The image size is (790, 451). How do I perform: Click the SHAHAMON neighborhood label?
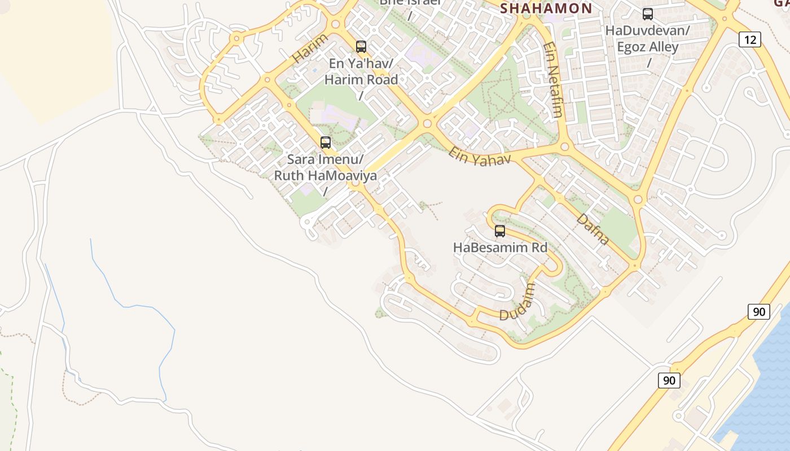(x=546, y=8)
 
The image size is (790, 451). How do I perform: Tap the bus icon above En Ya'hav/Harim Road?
(x=361, y=47)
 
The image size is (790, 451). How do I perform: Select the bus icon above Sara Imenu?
(x=326, y=143)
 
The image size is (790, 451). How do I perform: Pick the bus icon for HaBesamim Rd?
(x=500, y=231)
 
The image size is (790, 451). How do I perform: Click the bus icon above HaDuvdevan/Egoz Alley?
(x=648, y=15)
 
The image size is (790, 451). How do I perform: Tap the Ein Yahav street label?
(x=480, y=156)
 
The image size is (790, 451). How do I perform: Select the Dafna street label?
(x=592, y=229)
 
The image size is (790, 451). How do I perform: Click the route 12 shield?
(x=750, y=39)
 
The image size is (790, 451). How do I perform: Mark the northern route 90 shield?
(x=759, y=311)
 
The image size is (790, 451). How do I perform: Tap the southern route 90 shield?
(x=669, y=381)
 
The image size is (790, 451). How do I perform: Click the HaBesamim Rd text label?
(x=500, y=247)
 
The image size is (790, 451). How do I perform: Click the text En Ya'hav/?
(x=361, y=64)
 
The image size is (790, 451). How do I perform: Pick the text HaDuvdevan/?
(x=647, y=30)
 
